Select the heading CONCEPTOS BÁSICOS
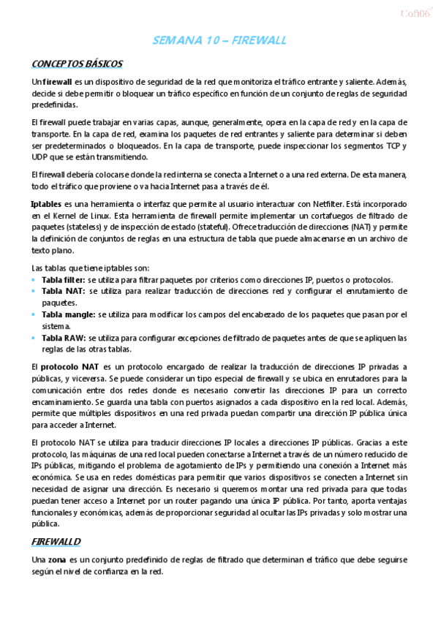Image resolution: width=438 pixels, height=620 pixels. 77,64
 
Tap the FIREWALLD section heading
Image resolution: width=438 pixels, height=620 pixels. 56,541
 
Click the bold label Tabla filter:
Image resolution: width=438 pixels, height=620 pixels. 64,280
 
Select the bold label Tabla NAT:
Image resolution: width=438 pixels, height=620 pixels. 63,291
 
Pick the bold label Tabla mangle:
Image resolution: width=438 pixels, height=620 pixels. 69,314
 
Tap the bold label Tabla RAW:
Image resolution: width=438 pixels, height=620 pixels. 64,339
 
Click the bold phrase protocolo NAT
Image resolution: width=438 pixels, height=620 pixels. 71,366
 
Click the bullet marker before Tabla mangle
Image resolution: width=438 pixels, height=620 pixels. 34,314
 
